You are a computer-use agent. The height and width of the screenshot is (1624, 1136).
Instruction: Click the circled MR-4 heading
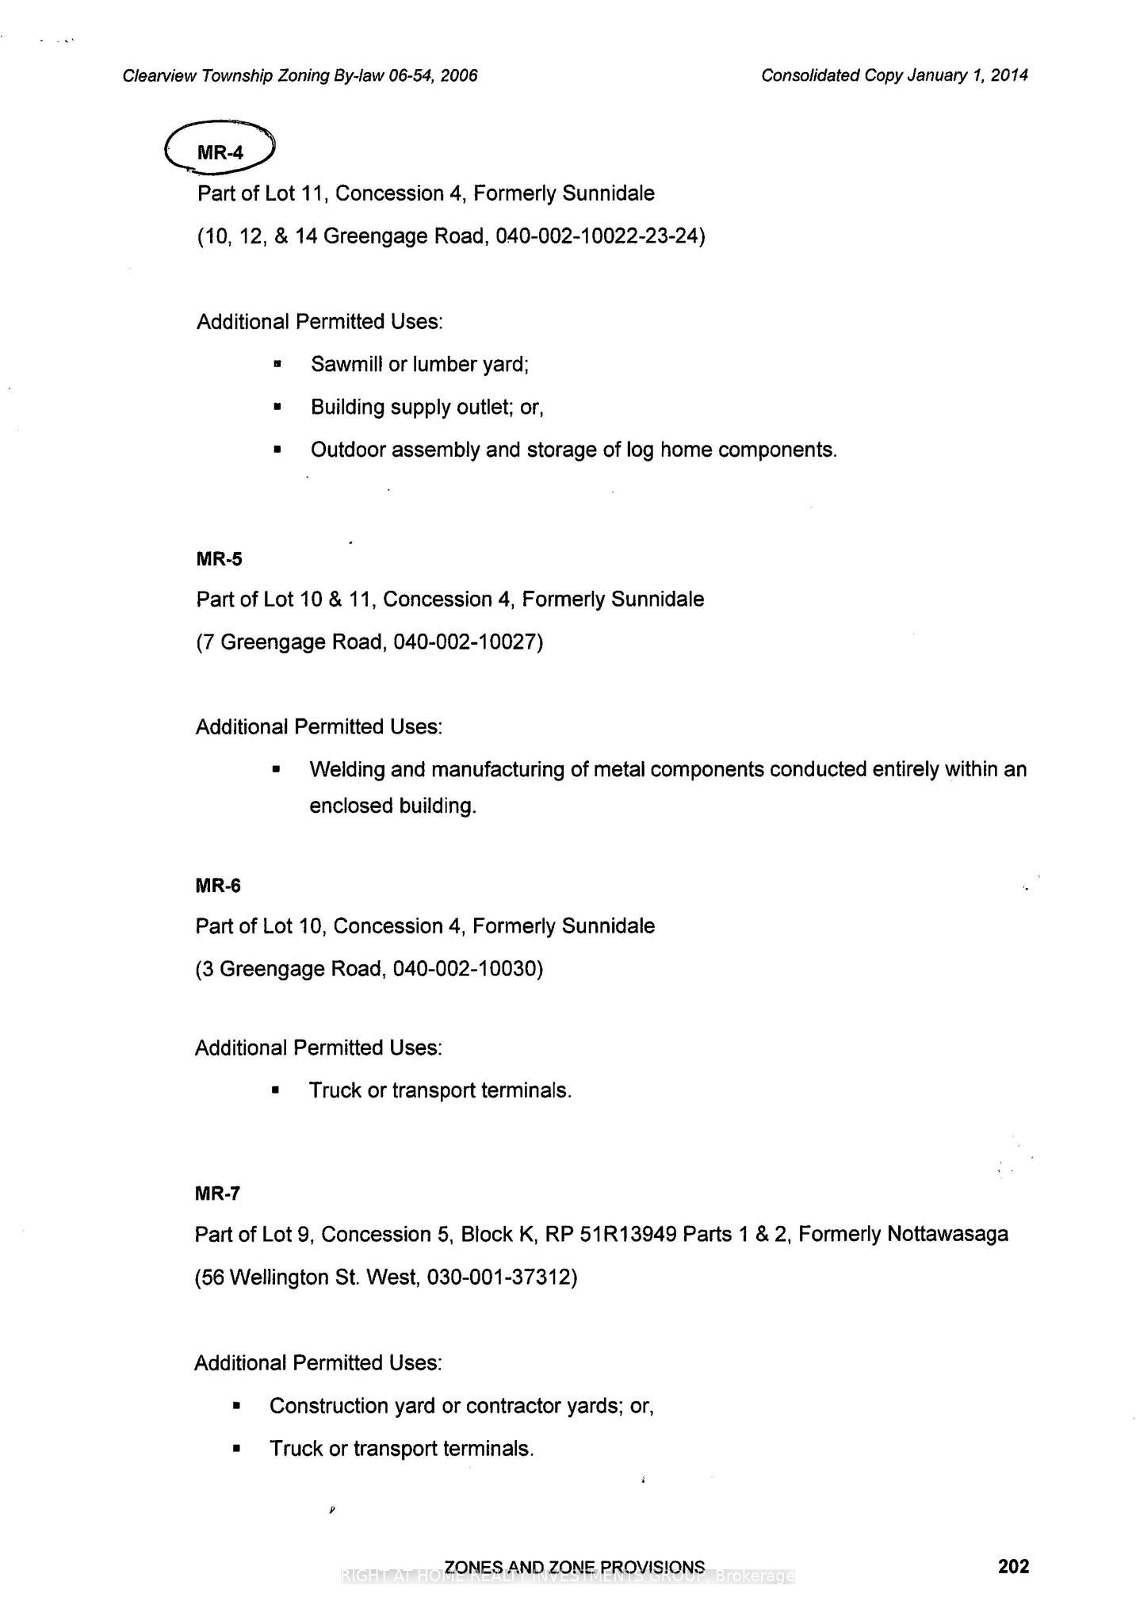click(220, 152)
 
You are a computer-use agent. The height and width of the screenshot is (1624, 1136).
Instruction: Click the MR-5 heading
click(219, 559)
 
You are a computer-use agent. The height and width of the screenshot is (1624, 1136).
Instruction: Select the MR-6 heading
click(218, 886)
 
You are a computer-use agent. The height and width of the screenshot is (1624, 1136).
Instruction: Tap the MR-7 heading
click(217, 1193)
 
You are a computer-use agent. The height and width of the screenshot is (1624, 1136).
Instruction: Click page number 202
click(1013, 1566)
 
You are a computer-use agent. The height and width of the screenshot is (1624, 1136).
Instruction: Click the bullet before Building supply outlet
click(277, 408)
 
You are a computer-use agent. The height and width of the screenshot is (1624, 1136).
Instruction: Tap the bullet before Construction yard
click(235, 1407)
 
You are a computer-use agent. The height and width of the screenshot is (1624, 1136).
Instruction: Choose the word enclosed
click(350, 806)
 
